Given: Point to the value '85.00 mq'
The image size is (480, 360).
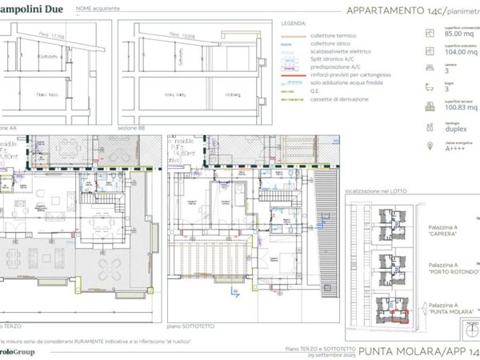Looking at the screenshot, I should coord(458,34).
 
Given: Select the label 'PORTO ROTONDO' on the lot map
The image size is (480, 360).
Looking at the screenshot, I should coord(454,271).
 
